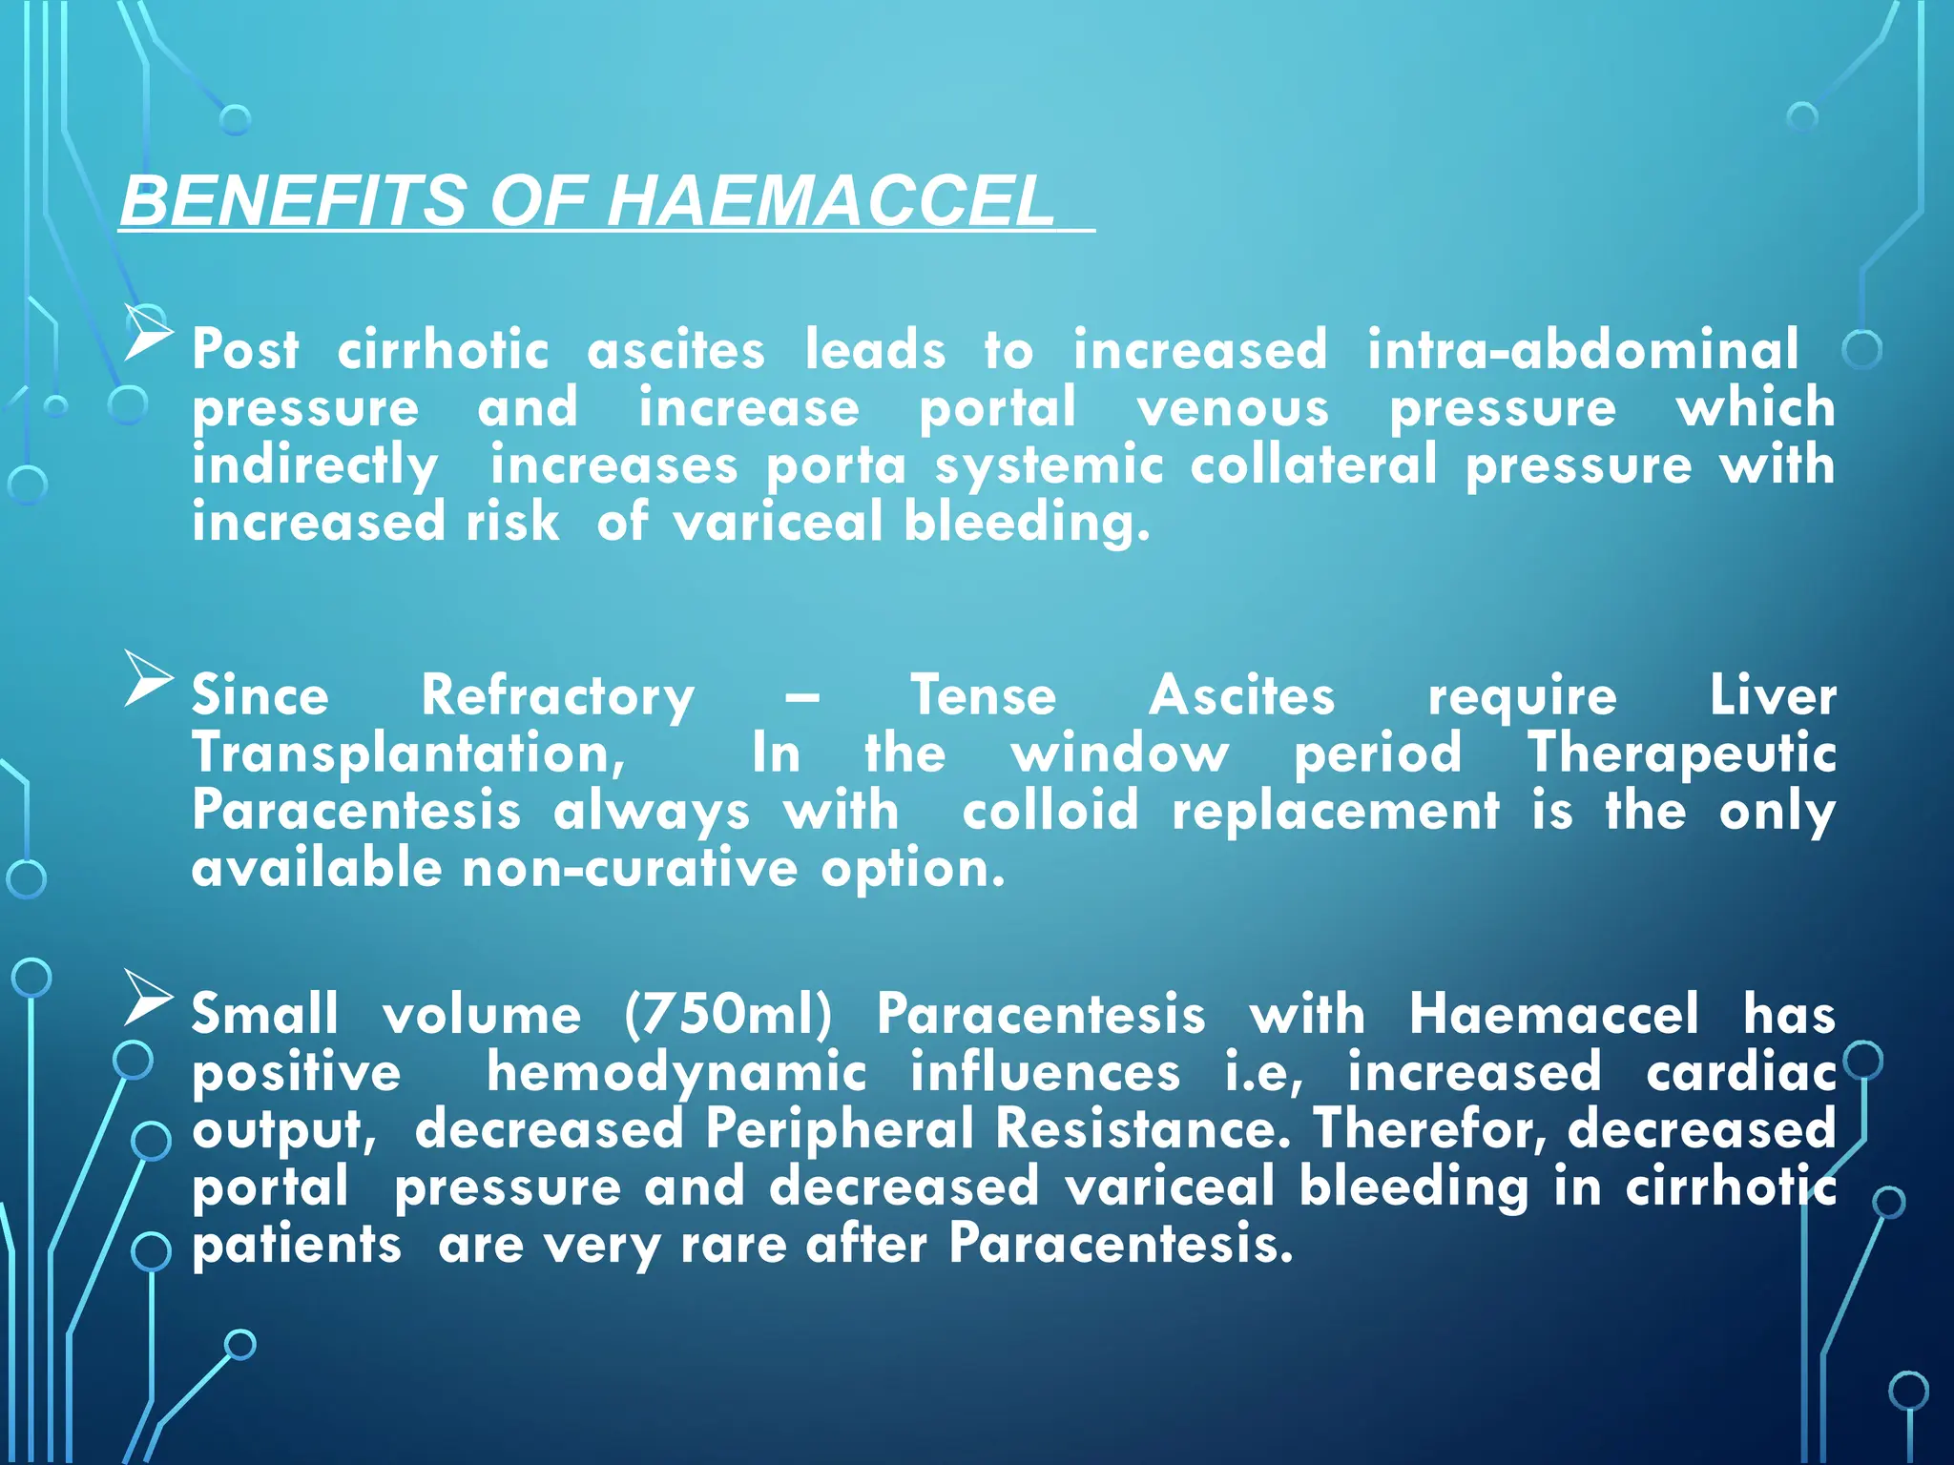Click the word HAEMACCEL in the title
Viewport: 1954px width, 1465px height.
click(x=829, y=201)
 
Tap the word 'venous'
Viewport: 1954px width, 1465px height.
click(x=1233, y=408)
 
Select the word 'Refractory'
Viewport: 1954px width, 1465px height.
click(x=558, y=696)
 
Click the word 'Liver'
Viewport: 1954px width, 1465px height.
click(x=1772, y=695)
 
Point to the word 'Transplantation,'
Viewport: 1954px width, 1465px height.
click(x=409, y=753)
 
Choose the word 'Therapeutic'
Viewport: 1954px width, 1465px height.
click(x=1681, y=753)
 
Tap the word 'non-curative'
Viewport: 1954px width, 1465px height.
click(x=630, y=869)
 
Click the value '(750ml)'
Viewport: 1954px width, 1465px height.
click(x=729, y=1014)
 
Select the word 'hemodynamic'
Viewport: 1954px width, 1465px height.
click(x=676, y=1072)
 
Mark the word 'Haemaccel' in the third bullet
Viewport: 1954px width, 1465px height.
click(x=1554, y=1014)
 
